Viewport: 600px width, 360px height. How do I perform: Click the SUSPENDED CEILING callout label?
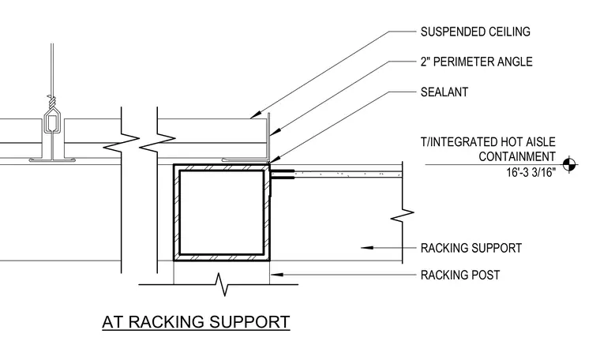pos(475,32)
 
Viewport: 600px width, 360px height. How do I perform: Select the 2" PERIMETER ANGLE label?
pos(476,62)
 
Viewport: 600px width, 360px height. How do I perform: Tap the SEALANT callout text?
pos(444,92)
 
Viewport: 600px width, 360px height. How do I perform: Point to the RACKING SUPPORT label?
pos(471,248)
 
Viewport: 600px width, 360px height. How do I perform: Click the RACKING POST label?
pos(460,275)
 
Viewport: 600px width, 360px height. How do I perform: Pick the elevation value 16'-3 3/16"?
pos(531,173)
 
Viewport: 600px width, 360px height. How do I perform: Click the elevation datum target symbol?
pos(569,165)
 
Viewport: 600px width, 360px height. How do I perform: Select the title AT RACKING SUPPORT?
pos(196,322)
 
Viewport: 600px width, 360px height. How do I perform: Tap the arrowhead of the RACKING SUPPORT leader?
pos(366,248)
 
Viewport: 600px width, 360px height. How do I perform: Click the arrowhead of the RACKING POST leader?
pos(276,275)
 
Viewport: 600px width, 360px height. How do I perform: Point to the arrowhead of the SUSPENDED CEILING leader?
pos(256,114)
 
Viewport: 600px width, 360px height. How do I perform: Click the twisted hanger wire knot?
pos(51,101)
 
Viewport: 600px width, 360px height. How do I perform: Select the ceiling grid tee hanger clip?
pos(51,122)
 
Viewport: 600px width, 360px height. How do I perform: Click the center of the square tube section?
pos(222,212)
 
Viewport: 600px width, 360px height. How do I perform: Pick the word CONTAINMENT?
pos(517,156)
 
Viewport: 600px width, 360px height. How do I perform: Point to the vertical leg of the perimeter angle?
pos(268,137)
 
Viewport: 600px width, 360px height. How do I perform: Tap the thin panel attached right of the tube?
pos(337,174)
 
